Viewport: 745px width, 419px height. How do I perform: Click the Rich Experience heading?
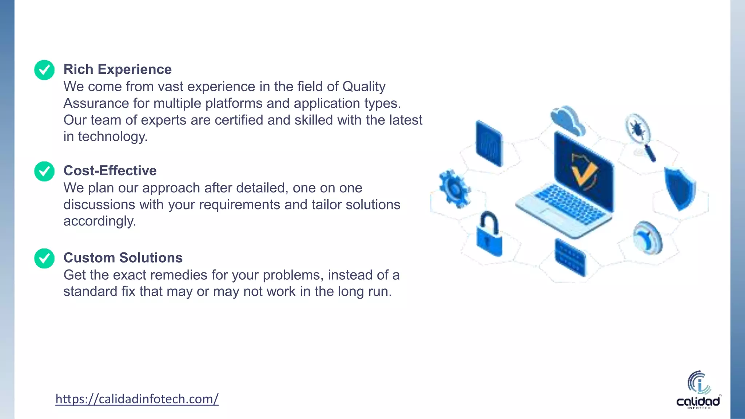(117, 69)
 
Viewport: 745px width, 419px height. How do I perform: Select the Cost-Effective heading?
(110, 171)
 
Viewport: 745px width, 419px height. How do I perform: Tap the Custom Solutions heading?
(123, 258)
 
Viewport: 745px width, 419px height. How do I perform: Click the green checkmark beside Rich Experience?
(44, 70)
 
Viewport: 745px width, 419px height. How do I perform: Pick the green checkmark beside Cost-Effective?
(44, 171)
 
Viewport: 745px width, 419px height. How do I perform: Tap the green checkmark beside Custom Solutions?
(44, 258)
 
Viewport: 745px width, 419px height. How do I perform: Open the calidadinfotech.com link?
(137, 399)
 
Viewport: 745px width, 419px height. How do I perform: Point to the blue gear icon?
(454, 188)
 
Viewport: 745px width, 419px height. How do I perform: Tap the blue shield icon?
(680, 188)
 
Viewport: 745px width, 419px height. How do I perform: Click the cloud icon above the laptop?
(567, 120)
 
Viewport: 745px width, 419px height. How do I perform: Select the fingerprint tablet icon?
(489, 144)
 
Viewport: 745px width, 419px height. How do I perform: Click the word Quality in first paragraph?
(364, 87)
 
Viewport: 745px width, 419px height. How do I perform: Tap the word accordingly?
(100, 221)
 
